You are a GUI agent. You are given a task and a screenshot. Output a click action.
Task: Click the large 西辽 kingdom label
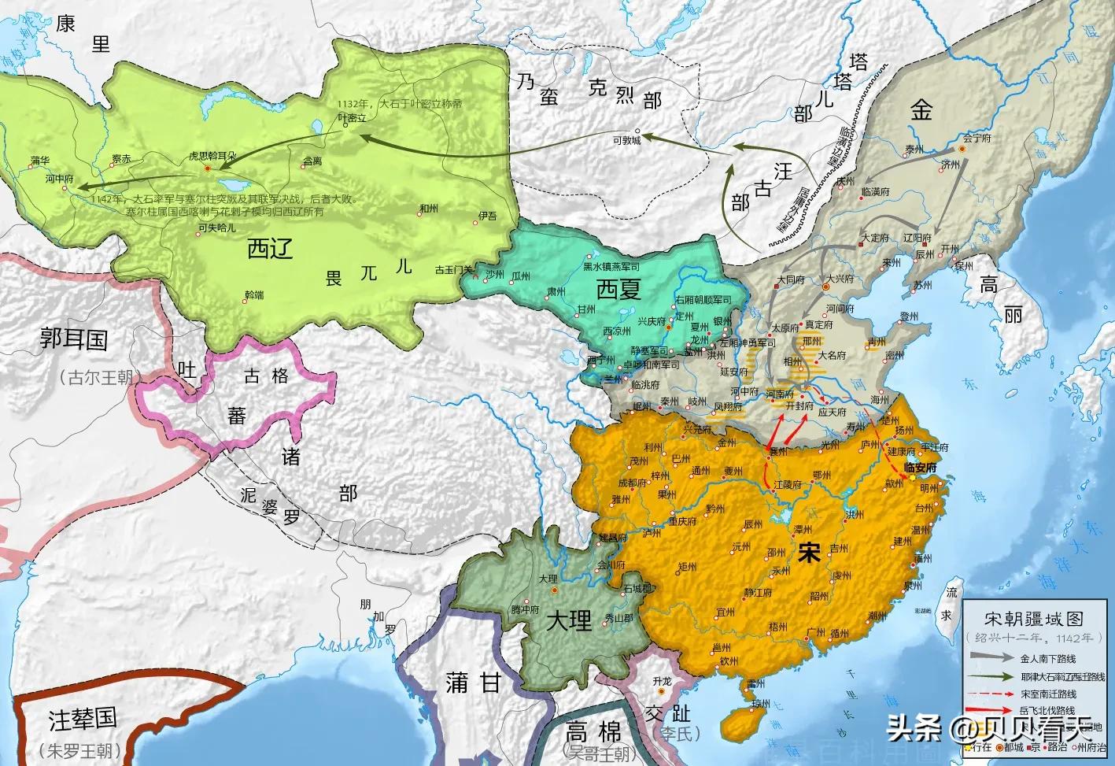pos(270,249)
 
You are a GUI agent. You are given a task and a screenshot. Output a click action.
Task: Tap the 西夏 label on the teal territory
pos(619,290)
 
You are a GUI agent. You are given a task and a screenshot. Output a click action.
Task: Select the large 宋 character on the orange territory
pos(807,553)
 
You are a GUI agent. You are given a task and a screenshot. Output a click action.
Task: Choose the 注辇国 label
pos(83,719)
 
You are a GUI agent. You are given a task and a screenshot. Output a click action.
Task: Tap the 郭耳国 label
pos(74,339)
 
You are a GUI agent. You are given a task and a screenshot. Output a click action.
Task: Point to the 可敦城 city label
pos(627,140)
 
